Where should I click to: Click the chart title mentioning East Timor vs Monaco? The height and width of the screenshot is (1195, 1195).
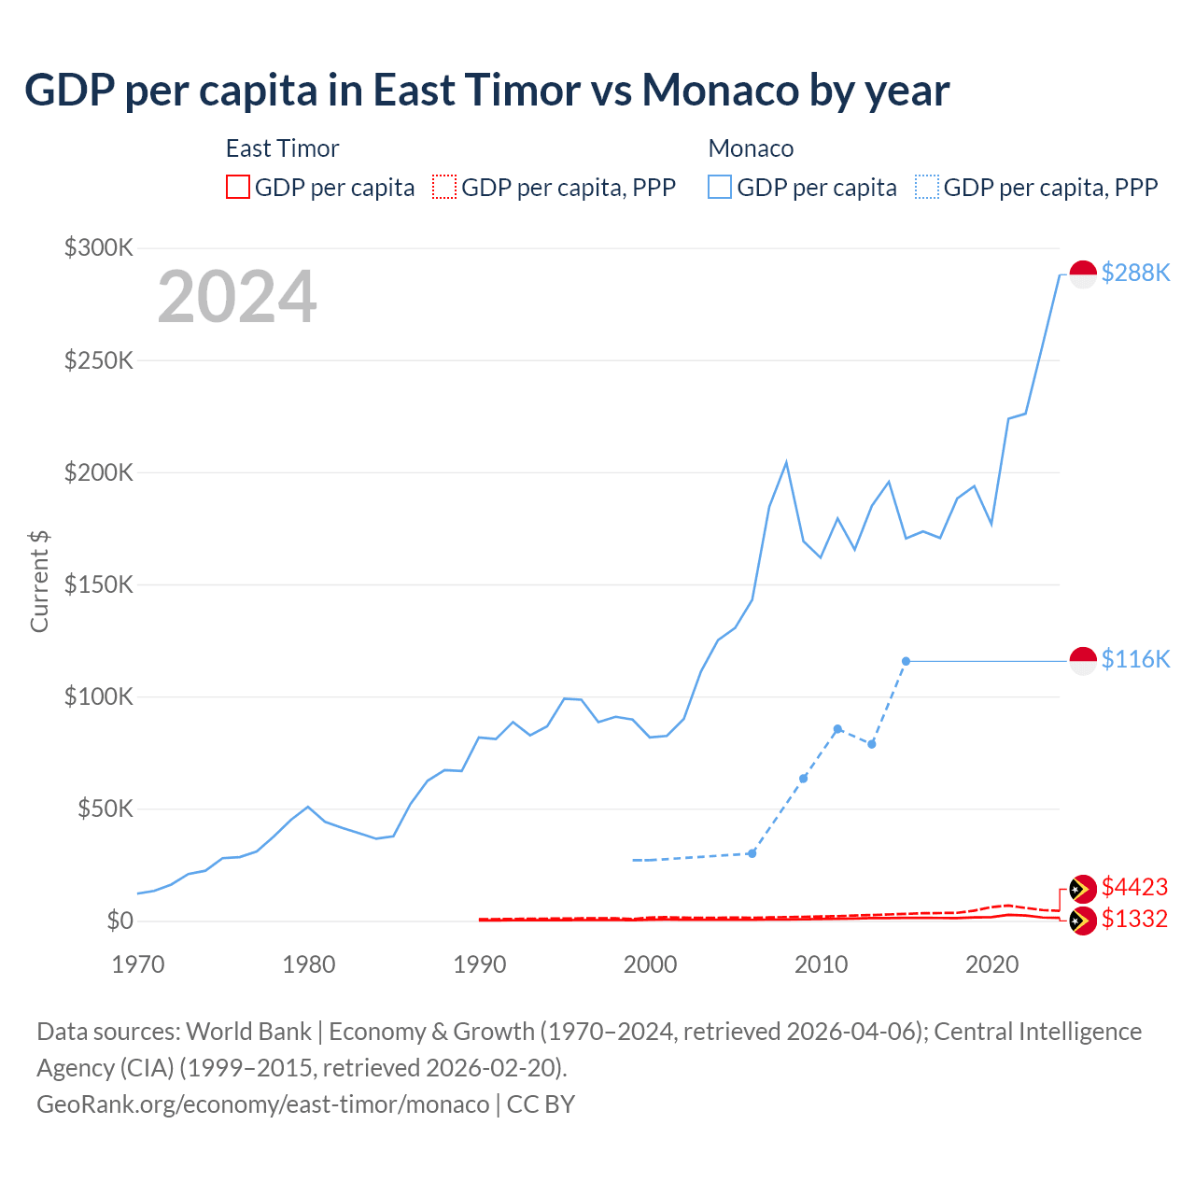pos(486,91)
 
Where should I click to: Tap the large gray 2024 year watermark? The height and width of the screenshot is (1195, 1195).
pos(237,297)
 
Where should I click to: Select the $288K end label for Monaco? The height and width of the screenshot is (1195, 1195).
pos(1135,273)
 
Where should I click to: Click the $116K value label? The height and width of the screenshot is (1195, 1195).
pos(1135,659)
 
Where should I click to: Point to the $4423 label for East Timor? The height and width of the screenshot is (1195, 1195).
pos(1134,886)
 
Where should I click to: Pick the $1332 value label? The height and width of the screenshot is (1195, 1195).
pos(1134,919)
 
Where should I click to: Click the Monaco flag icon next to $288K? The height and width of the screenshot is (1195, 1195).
pos(1083,274)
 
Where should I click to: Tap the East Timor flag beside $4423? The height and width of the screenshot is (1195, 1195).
pos(1083,889)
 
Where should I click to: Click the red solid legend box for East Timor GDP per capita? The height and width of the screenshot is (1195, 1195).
pos(238,188)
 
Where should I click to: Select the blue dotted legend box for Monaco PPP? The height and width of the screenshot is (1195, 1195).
pos(927,188)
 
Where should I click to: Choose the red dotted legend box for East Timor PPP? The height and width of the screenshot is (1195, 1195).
pos(444,188)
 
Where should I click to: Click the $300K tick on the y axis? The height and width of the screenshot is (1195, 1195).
pos(99,247)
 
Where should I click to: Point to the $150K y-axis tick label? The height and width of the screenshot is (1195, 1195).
pos(99,584)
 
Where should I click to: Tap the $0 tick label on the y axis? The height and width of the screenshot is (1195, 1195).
pos(119,921)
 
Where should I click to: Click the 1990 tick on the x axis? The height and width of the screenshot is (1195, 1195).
pos(480,964)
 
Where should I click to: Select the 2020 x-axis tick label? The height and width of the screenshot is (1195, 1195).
pos(991,964)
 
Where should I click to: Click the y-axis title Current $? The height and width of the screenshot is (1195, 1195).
pos(39,581)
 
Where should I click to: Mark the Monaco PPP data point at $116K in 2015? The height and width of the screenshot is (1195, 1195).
pos(906,661)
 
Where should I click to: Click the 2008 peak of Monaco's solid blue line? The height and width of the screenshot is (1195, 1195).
pos(786,462)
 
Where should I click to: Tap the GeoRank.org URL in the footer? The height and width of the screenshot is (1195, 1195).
pos(262,1104)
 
